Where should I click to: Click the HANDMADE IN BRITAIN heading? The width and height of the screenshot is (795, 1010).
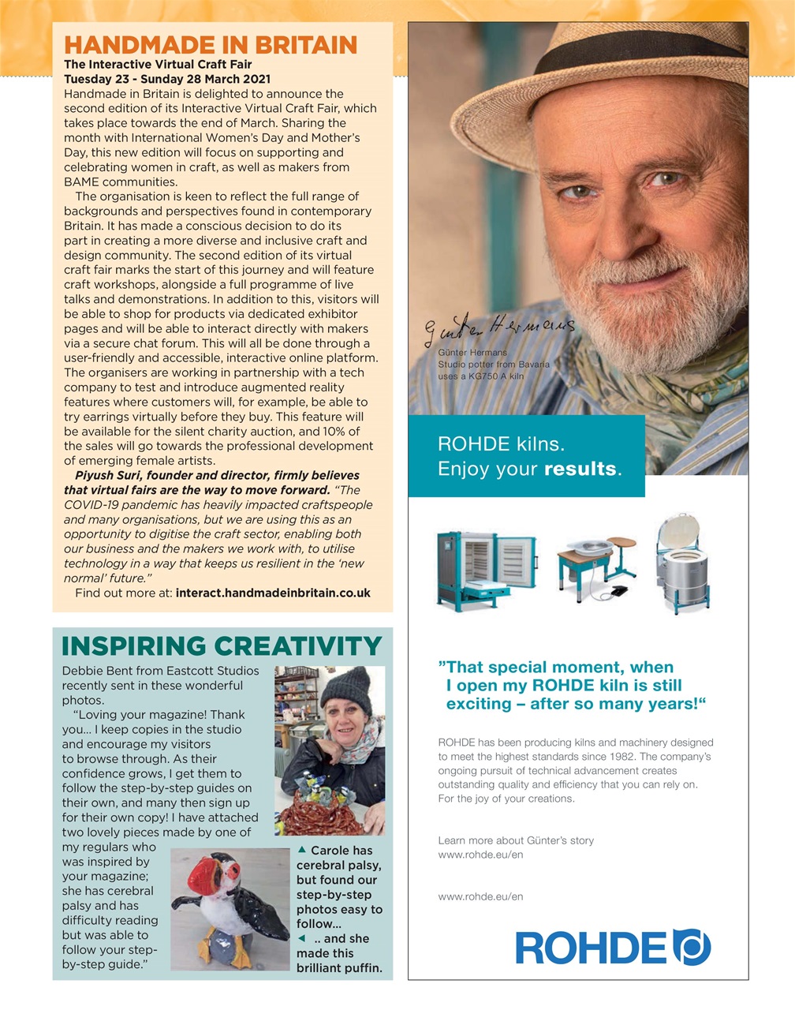point(210,45)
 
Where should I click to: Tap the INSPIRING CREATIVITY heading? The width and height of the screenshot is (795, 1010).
point(222,646)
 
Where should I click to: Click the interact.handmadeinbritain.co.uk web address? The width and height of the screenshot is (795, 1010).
point(273,593)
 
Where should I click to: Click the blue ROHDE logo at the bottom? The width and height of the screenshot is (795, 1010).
point(613,947)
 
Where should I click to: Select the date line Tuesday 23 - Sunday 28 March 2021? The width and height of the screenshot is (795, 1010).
point(166,79)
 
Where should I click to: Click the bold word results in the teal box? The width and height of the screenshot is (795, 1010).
point(580,469)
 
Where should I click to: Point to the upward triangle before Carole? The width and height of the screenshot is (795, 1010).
point(301,851)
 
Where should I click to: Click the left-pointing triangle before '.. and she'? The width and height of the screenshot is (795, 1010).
point(301,938)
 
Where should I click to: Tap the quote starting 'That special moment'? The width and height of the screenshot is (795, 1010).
point(571,685)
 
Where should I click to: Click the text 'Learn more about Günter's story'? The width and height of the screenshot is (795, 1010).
point(516,840)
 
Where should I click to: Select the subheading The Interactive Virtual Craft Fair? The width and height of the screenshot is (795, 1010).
point(158,64)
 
